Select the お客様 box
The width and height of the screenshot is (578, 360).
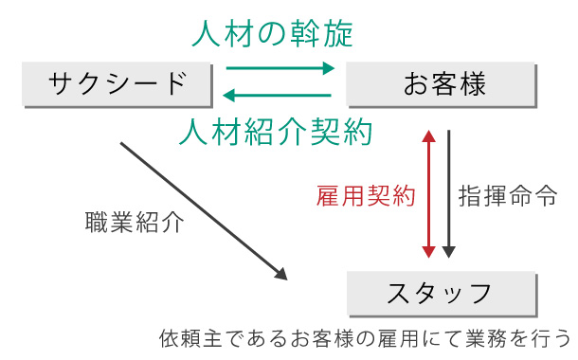tap(444, 84)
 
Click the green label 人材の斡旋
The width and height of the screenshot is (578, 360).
tap(272, 34)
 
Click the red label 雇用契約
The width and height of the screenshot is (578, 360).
tap(366, 196)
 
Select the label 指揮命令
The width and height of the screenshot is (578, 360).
tap(508, 196)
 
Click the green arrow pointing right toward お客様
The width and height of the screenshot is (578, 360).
tap(280, 68)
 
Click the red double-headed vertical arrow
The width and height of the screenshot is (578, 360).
tap(429, 194)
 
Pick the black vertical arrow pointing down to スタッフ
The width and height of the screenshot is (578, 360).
tap(449, 194)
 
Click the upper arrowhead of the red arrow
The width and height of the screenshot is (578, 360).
tap(429, 135)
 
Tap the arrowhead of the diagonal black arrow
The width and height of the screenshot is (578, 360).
tap(281, 274)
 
